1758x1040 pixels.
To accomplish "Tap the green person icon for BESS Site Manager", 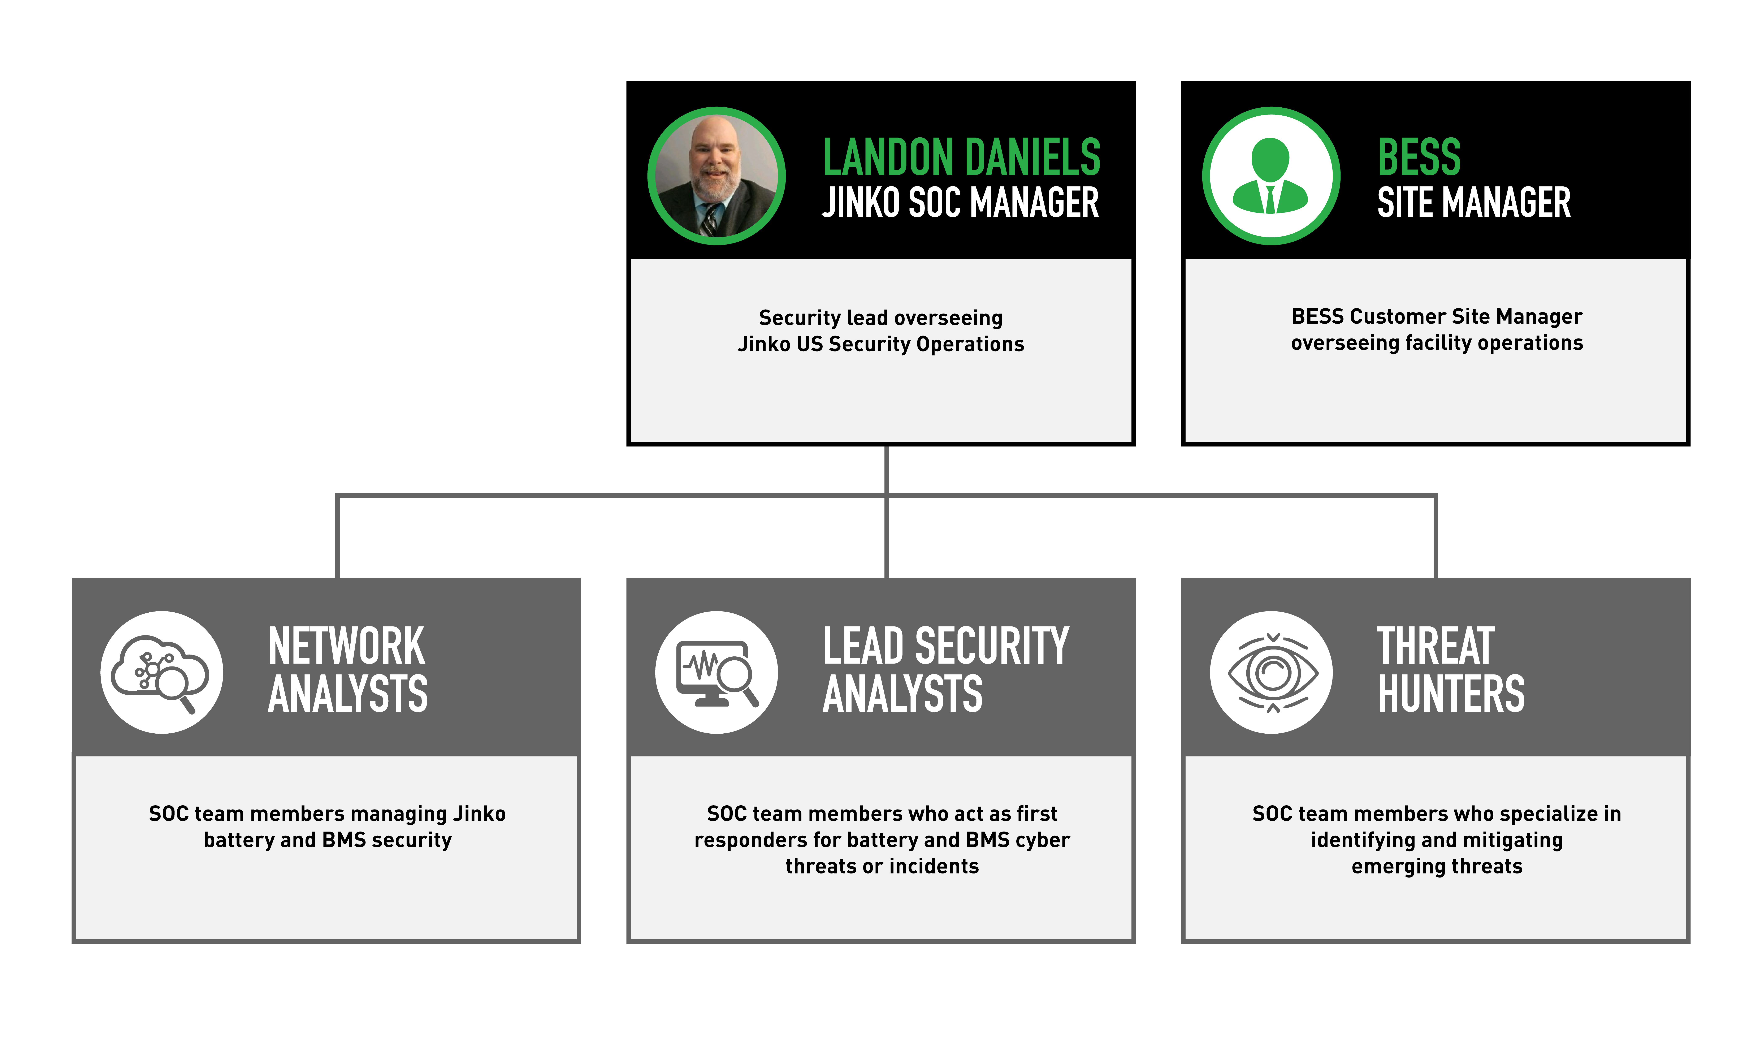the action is tap(1270, 176).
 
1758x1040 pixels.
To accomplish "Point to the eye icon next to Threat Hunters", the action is tap(1272, 673).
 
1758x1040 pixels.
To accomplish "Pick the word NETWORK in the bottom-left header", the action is tap(346, 646).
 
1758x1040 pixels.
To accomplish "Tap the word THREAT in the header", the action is tap(1436, 646).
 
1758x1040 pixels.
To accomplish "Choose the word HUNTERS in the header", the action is tap(1451, 694).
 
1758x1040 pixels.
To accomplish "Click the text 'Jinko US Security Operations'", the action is tap(881, 344).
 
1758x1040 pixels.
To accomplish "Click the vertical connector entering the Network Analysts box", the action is tap(338, 537).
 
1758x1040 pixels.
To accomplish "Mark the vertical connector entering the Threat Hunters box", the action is tap(1436, 537).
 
